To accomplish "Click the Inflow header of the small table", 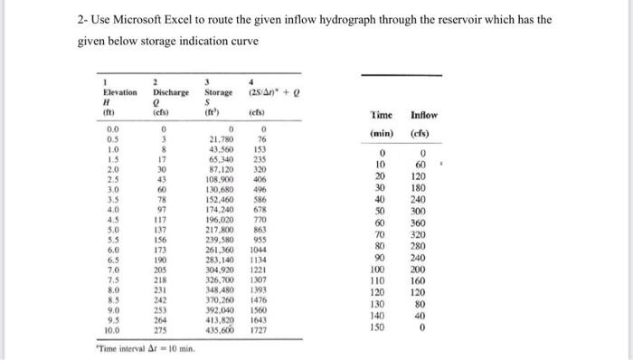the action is (x=423, y=117).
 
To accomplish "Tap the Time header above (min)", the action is (x=382, y=117).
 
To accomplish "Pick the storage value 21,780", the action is (x=222, y=138).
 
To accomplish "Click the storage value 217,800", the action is (x=222, y=228).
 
